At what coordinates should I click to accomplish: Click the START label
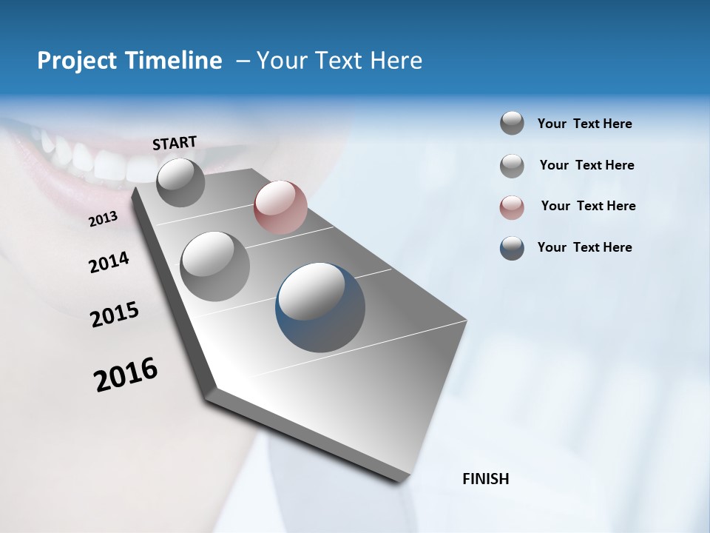175,142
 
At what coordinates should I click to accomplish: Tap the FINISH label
485,479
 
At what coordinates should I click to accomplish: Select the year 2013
104,219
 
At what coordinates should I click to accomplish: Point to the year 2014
109,263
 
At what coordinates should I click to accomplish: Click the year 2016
126,375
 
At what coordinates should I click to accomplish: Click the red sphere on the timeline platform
280,207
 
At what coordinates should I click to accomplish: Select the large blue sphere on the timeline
320,307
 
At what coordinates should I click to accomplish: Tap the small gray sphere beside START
180,182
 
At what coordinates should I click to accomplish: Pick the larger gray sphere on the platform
215,266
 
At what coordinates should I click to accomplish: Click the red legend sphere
512,207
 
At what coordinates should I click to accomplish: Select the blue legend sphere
512,248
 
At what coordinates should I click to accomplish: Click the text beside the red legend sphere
588,206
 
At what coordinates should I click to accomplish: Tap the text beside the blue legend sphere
584,247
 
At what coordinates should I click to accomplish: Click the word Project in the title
72,61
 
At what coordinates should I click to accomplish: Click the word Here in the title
396,61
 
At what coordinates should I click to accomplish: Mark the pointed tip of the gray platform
467,321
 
